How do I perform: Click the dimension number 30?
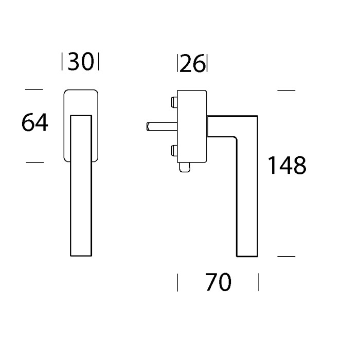pyautogui.click(x=80, y=62)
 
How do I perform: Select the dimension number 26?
pyautogui.click(x=192, y=64)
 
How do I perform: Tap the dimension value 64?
pyautogui.click(x=35, y=123)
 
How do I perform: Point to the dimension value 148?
pyautogui.click(x=286, y=166)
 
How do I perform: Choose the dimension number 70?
pyautogui.click(x=218, y=282)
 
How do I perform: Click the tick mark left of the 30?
pyautogui.click(x=63, y=62)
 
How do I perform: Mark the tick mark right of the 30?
pyautogui.click(x=98, y=62)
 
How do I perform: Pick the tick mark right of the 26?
pyautogui.click(x=207, y=64)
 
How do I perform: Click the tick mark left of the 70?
pyautogui.click(x=177, y=282)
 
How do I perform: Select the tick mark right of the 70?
pyautogui.click(x=258, y=282)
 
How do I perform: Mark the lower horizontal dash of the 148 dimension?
pyautogui.click(x=286, y=256)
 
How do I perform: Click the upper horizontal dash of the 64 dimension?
pyautogui.click(x=34, y=90)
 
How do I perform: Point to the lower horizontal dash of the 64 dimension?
pyautogui.click(x=34, y=162)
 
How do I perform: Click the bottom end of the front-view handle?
pyautogui.click(x=81, y=254)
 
